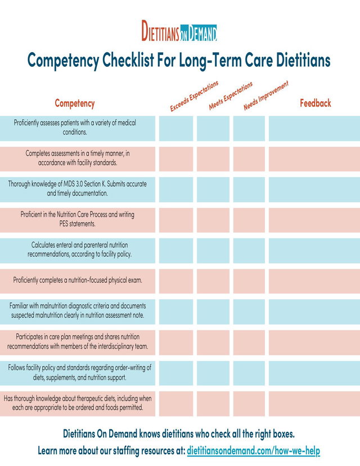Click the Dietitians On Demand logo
tap(179, 30)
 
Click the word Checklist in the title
tap(128, 60)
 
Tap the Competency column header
tap(75, 103)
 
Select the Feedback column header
tap(316, 103)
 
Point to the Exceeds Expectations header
tap(194, 96)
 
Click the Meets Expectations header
tap(231, 96)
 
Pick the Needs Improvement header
tap(266, 96)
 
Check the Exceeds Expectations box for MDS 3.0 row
tap(176, 189)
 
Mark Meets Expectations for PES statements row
tap(213, 220)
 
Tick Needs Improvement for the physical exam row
tap(249, 281)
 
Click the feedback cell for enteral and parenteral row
tap(314, 251)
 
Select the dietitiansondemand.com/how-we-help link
tap(254, 451)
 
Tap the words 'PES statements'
tap(77, 224)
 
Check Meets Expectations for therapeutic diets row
tap(213, 404)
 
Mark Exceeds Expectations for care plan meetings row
tap(176, 342)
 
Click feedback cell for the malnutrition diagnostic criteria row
tap(314, 312)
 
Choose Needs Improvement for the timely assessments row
tap(249, 159)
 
